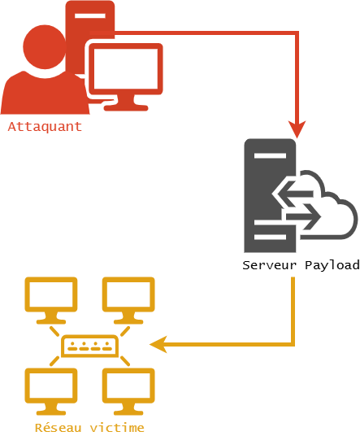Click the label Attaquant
click(x=45, y=127)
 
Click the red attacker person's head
click(x=45, y=45)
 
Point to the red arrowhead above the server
click(x=298, y=129)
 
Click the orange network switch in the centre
click(x=89, y=346)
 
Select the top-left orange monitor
click(x=51, y=296)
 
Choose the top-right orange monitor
click(x=128, y=296)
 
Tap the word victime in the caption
click(x=117, y=427)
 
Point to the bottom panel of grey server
click(x=270, y=238)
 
